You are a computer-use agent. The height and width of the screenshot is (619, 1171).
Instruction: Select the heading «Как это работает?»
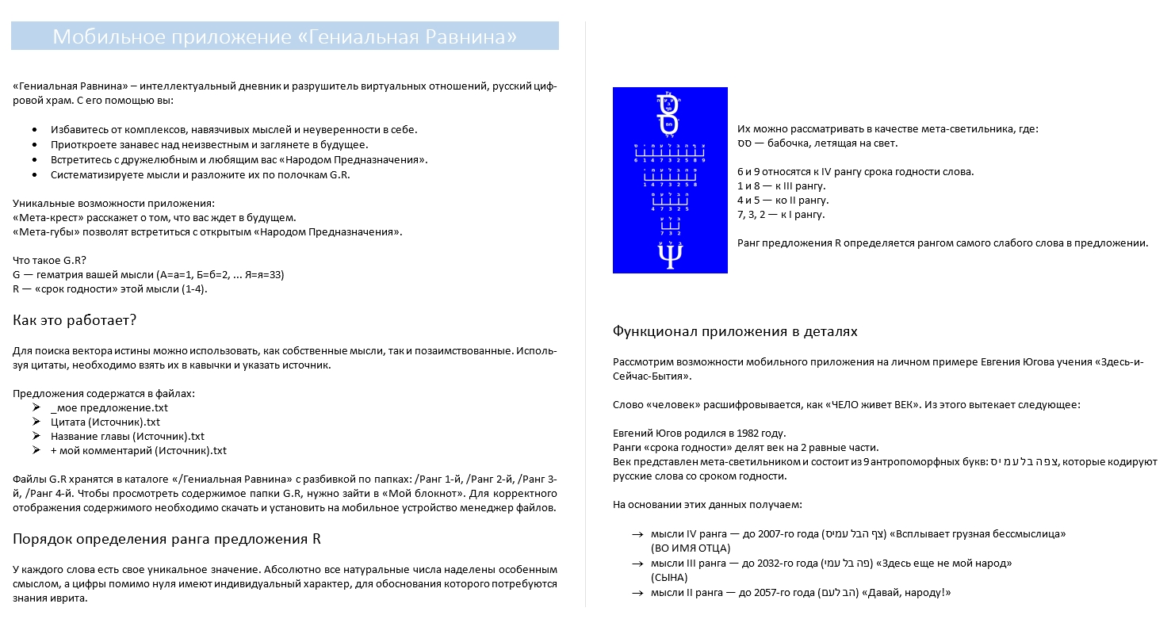coord(75,320)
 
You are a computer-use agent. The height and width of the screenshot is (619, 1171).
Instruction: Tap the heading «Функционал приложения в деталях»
coord(735,331)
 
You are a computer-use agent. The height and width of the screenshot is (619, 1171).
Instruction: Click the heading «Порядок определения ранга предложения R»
coord(166,539)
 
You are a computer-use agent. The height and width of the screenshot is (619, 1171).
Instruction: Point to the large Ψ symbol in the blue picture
coord(670,255)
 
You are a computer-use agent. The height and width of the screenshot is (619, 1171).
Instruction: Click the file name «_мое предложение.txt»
coord(109,408)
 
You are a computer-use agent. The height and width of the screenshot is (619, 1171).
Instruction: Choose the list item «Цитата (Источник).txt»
coord(105,422)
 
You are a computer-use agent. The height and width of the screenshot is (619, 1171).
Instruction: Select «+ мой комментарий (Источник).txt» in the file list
coord(139,451)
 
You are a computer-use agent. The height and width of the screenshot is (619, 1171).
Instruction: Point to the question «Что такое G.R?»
coord(50,261)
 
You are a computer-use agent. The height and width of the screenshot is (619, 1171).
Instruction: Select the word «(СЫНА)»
coord(668,578)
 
